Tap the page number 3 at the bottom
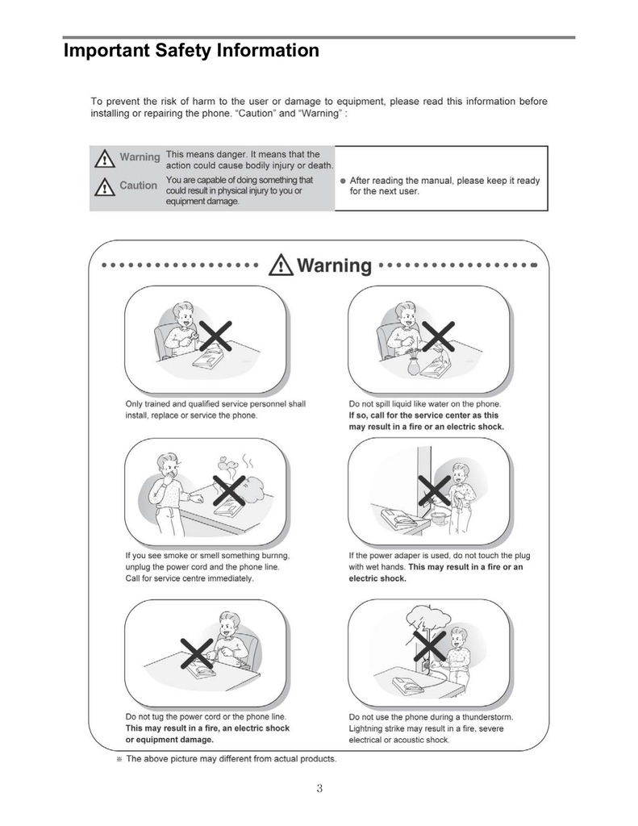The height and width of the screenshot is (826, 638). (319, 789)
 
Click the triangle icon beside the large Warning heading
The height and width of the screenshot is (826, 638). (281, 265)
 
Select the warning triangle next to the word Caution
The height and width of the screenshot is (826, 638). (104, 187)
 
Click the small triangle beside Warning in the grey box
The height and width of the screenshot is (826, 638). (104, 158)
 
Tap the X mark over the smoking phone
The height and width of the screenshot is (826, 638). (228, 489)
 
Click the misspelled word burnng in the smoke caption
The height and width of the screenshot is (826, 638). (271, 556)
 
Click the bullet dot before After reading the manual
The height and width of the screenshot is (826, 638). (343, 181)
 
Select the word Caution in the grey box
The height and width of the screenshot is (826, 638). (138, 186)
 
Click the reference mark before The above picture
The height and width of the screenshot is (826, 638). (119, 759)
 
